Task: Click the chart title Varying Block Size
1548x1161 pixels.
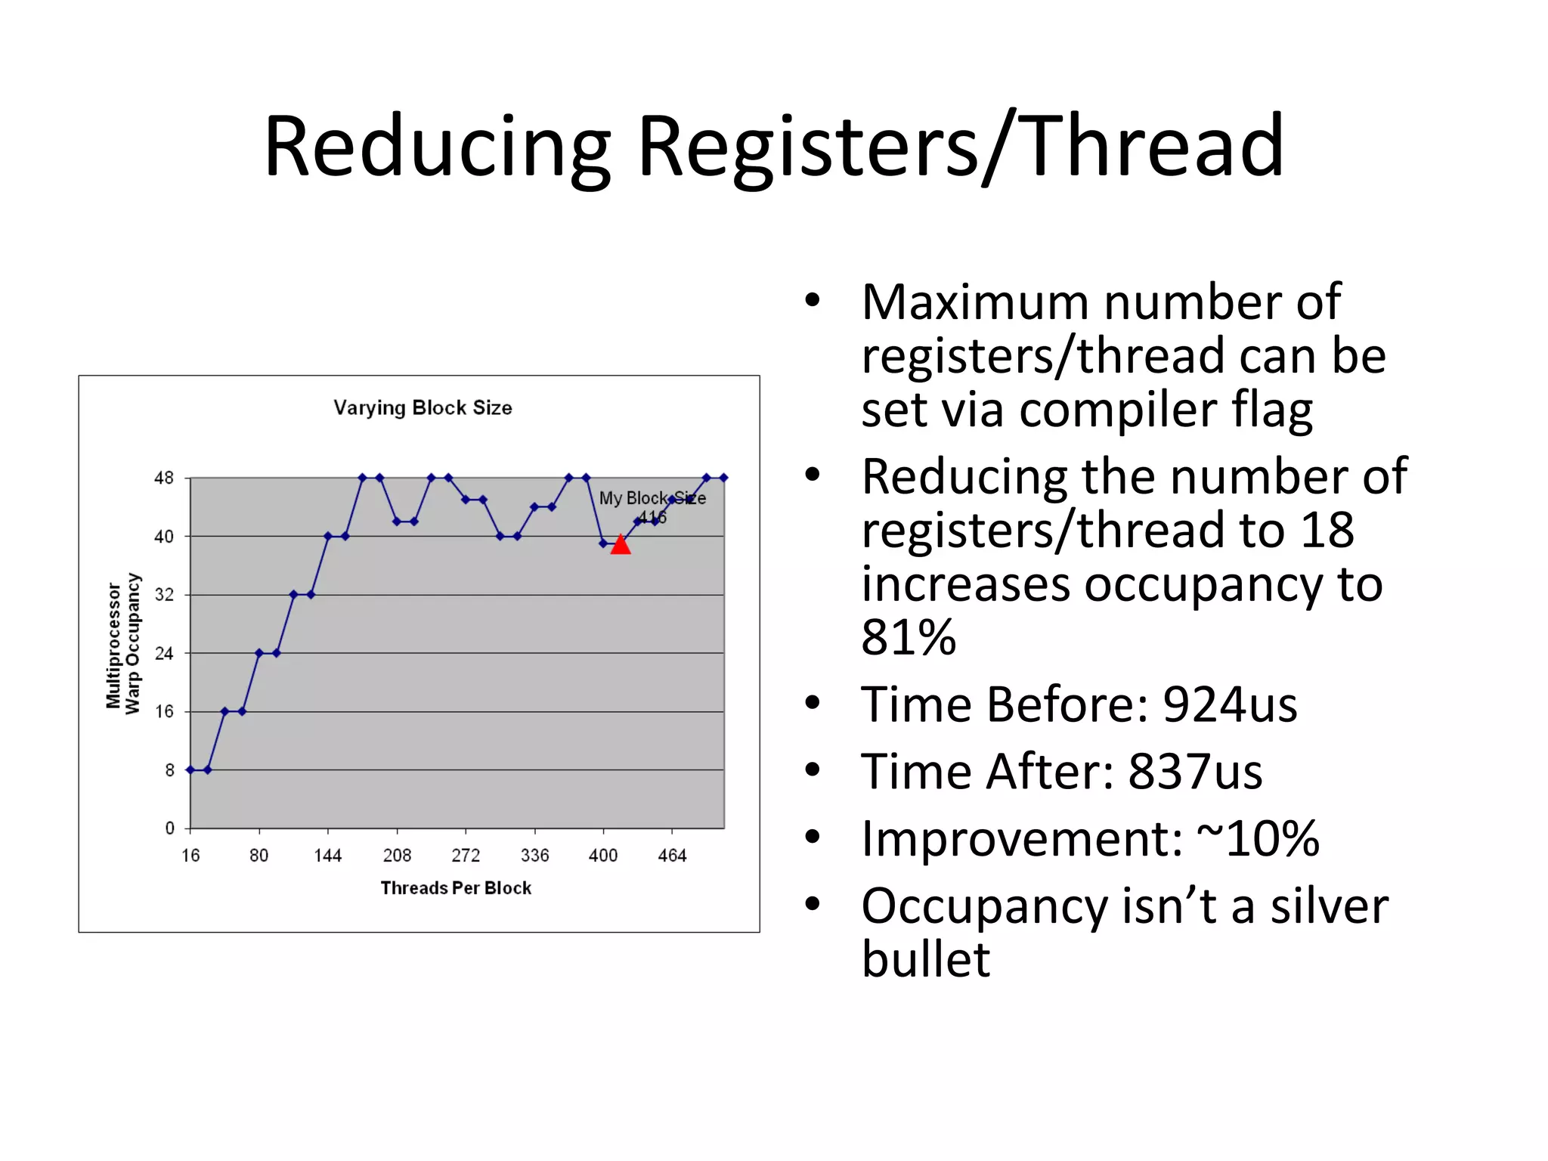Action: [423, 408]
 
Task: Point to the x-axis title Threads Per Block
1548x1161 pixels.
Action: [456, 888]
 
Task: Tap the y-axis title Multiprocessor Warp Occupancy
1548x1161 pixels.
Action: [123, 643]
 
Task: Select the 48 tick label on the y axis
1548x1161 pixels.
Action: [164, 478]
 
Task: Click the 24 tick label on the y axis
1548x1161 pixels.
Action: [164, 654]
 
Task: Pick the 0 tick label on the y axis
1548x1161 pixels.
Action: [169, 828]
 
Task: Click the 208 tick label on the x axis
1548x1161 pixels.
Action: [397, 856]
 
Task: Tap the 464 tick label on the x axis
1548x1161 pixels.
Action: [672, 856]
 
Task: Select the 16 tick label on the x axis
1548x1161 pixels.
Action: [190, 856]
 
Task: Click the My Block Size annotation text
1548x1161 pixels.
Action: [652, 499]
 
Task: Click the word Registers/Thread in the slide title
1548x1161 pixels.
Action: [960, 147]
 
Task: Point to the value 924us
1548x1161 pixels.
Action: [1230, 704]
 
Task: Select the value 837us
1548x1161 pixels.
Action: [1195, 772]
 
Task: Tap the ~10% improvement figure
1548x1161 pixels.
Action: [1258, 839]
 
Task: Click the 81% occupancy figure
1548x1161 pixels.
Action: [909, 637]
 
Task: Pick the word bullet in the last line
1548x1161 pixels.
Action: [925, 960]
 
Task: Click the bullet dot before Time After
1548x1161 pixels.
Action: [813, 771]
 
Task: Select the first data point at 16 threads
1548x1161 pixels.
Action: [190, 770]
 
